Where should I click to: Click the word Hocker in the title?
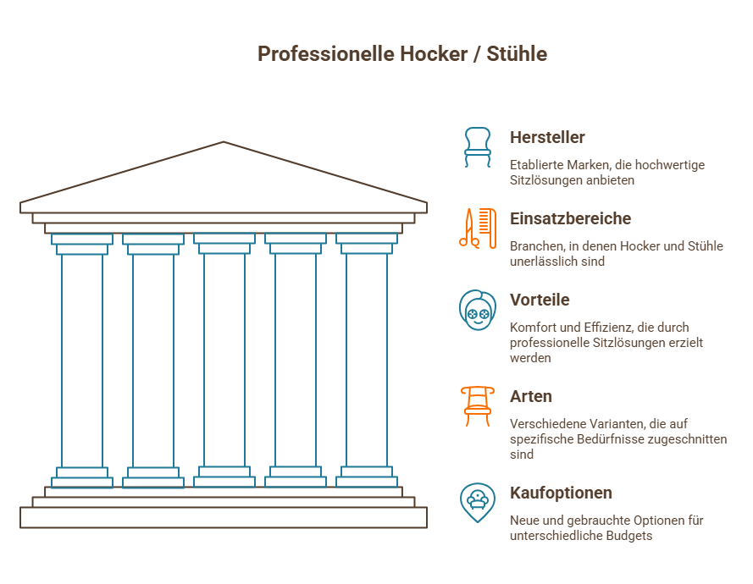pos(434,54)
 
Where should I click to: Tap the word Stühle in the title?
pos(517,54)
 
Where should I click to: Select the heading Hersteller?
pos(547,137)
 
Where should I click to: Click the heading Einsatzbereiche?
pos(570,218)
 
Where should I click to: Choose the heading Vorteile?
pos(540,300)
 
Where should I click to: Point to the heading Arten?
pos(530,396)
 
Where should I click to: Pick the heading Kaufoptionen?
pos(561,493)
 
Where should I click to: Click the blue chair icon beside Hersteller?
pos(478,146)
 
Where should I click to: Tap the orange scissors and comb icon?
pos(478,228)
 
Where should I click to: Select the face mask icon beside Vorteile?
pos(478,310)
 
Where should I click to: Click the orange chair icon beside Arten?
pos(478,406)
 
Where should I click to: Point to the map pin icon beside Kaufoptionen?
pos(478,503)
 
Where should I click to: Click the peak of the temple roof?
pos(224,142)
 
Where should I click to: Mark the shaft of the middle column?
pos(224,360)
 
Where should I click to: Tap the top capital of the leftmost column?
pos(82,244)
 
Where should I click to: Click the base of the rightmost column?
pos(367,477)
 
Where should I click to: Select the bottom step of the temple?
pos(224,517)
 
